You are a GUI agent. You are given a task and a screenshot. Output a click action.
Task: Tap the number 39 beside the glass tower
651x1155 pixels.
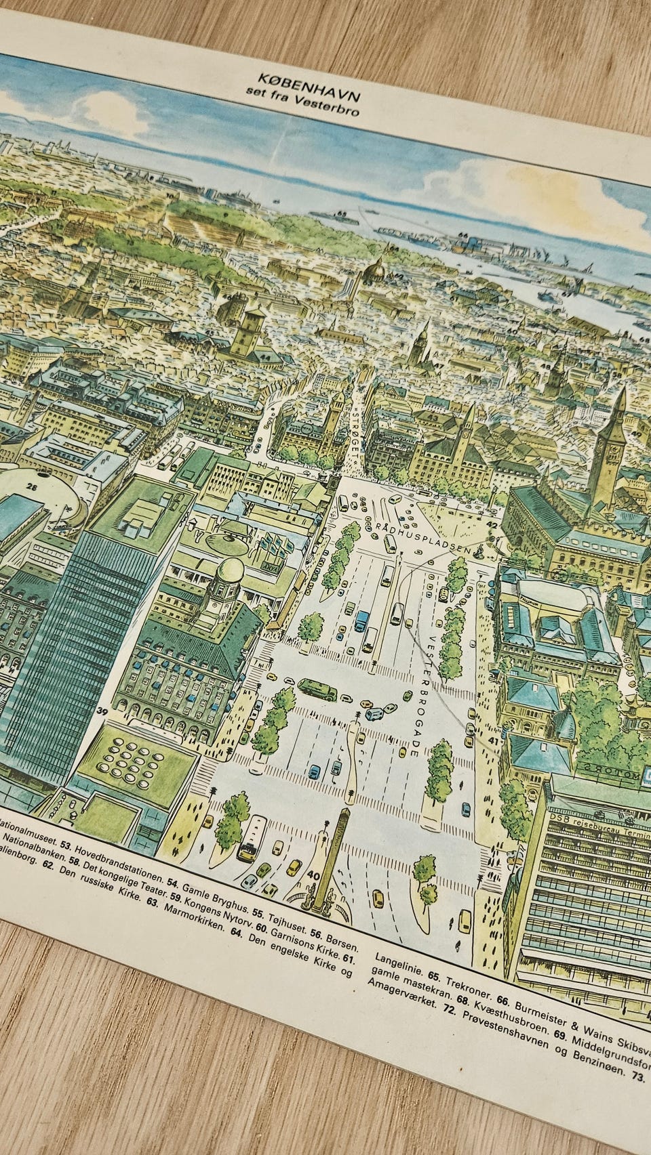(x=103, y=711)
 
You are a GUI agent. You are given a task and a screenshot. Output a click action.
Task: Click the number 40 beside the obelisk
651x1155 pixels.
(x=313, y=875)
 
